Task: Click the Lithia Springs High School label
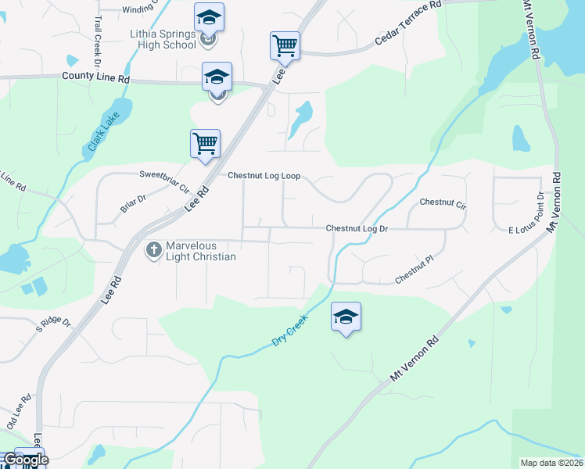(163, 39)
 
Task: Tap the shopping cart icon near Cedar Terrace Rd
(285, 45)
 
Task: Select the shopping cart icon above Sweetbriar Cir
(205, 143)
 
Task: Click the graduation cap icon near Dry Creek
(346, 316)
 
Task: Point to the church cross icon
(153, 249)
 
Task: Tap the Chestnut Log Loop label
(264, 176)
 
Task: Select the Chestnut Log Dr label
(357, 228)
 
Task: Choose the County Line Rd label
(95, 78)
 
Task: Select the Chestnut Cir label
(443, 202)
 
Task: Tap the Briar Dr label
(133, 203)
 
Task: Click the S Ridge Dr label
(53, 322)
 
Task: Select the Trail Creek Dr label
(98, 39)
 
